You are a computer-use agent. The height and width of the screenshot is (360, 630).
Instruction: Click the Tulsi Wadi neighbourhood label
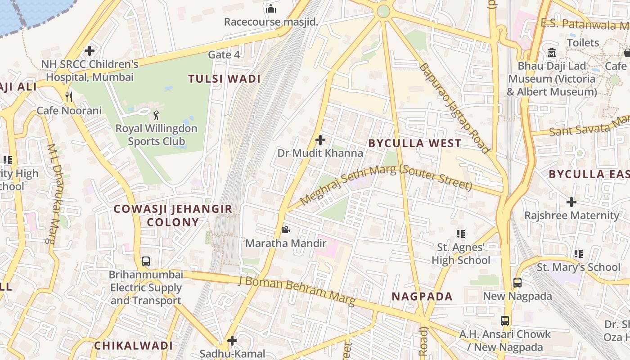[224, 79]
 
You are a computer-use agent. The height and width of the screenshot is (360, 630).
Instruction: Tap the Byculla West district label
[414, 144]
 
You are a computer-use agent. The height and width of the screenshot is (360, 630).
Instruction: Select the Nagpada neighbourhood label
[422, 296]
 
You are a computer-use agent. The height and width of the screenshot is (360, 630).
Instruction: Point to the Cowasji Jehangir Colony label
[173, 215]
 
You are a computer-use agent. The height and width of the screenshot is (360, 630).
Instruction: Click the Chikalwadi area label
[133, 346]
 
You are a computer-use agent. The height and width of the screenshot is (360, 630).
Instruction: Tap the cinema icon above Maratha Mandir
[285, 230]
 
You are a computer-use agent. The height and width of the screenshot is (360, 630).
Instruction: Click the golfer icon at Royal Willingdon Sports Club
[156, 115]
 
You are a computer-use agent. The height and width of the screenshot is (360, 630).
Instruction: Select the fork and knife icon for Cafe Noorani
[69, 97]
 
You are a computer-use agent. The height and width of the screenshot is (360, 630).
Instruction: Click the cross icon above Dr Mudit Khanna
[320, 140]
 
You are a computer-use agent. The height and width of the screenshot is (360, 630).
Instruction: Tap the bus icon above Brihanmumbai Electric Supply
[145, 261]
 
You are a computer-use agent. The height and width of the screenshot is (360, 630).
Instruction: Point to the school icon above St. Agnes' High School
[460, 234]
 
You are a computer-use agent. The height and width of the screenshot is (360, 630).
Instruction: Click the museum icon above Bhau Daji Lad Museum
[552, 53]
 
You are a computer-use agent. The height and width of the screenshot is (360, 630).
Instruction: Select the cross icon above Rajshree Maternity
[571, 202]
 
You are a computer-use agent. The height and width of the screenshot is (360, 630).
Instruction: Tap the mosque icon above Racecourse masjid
[271, 9]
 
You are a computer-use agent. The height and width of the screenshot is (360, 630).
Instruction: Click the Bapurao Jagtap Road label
[454, 108]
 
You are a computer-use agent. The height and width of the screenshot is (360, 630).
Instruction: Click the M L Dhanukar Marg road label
[54, 194]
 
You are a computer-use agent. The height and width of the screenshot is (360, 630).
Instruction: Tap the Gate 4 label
[224, 55]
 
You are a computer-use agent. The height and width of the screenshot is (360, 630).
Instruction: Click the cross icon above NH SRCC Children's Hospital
[90, 51]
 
